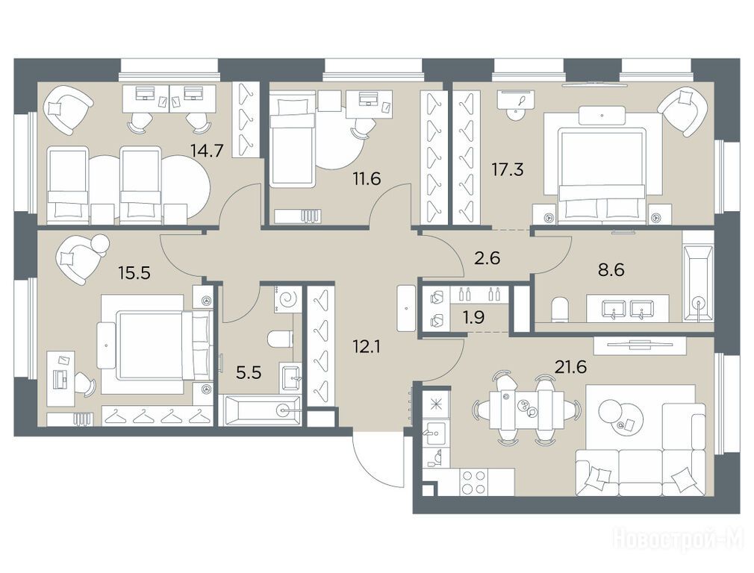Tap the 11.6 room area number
pyautogui.click(x=366, y=179)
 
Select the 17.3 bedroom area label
pyautogui.click(x=508, y=169)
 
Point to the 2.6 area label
pyautogui.click(x=487, y=258)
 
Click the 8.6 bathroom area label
pyautogui.click(x=611, y=269)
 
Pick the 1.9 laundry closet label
pyautogui.click(x=473, y=318)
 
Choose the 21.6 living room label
pyautogui.click(x=571, y=368)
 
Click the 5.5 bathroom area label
pyautogui.click(x=249, y=372)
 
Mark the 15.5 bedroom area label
pyautogui.click(x=134, y=273)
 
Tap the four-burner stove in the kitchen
pyautogui.click(x=473, y=482)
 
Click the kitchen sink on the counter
pyautogui.click(x=434, y=434)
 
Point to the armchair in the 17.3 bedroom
pyautogui.click(x=683, y=111)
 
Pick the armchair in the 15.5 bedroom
pyautogui.click(x=81, y=259)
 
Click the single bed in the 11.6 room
pyautogui.click(x=292, y=139)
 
